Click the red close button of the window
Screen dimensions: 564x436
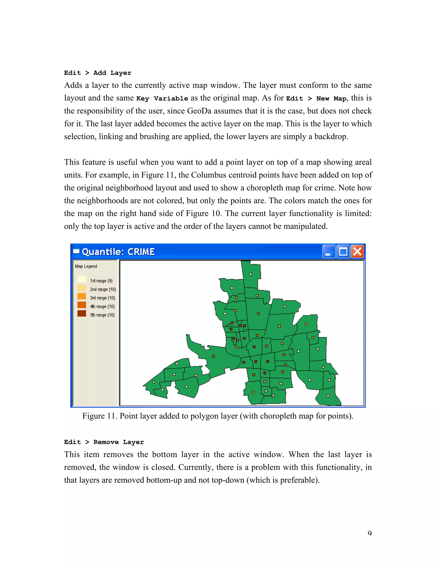coord(357,251)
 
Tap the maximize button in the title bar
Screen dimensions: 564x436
coord(343,251)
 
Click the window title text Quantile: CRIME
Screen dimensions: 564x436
coord(118,252)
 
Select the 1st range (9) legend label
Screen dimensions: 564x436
coord(101,281)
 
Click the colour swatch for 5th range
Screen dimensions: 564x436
coord(82,313)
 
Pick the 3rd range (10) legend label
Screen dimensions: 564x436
coord(102,298)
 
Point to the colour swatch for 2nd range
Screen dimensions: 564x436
coord(82,288)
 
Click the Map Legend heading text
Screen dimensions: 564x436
coord(86,266)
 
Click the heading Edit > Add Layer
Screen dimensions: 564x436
coord(98,73)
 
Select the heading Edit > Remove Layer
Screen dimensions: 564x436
coord(104,442)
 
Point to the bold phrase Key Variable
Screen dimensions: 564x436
coord(162,98)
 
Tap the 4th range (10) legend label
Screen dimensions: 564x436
coord(102,306)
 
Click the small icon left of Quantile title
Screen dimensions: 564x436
coord(76,251)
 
